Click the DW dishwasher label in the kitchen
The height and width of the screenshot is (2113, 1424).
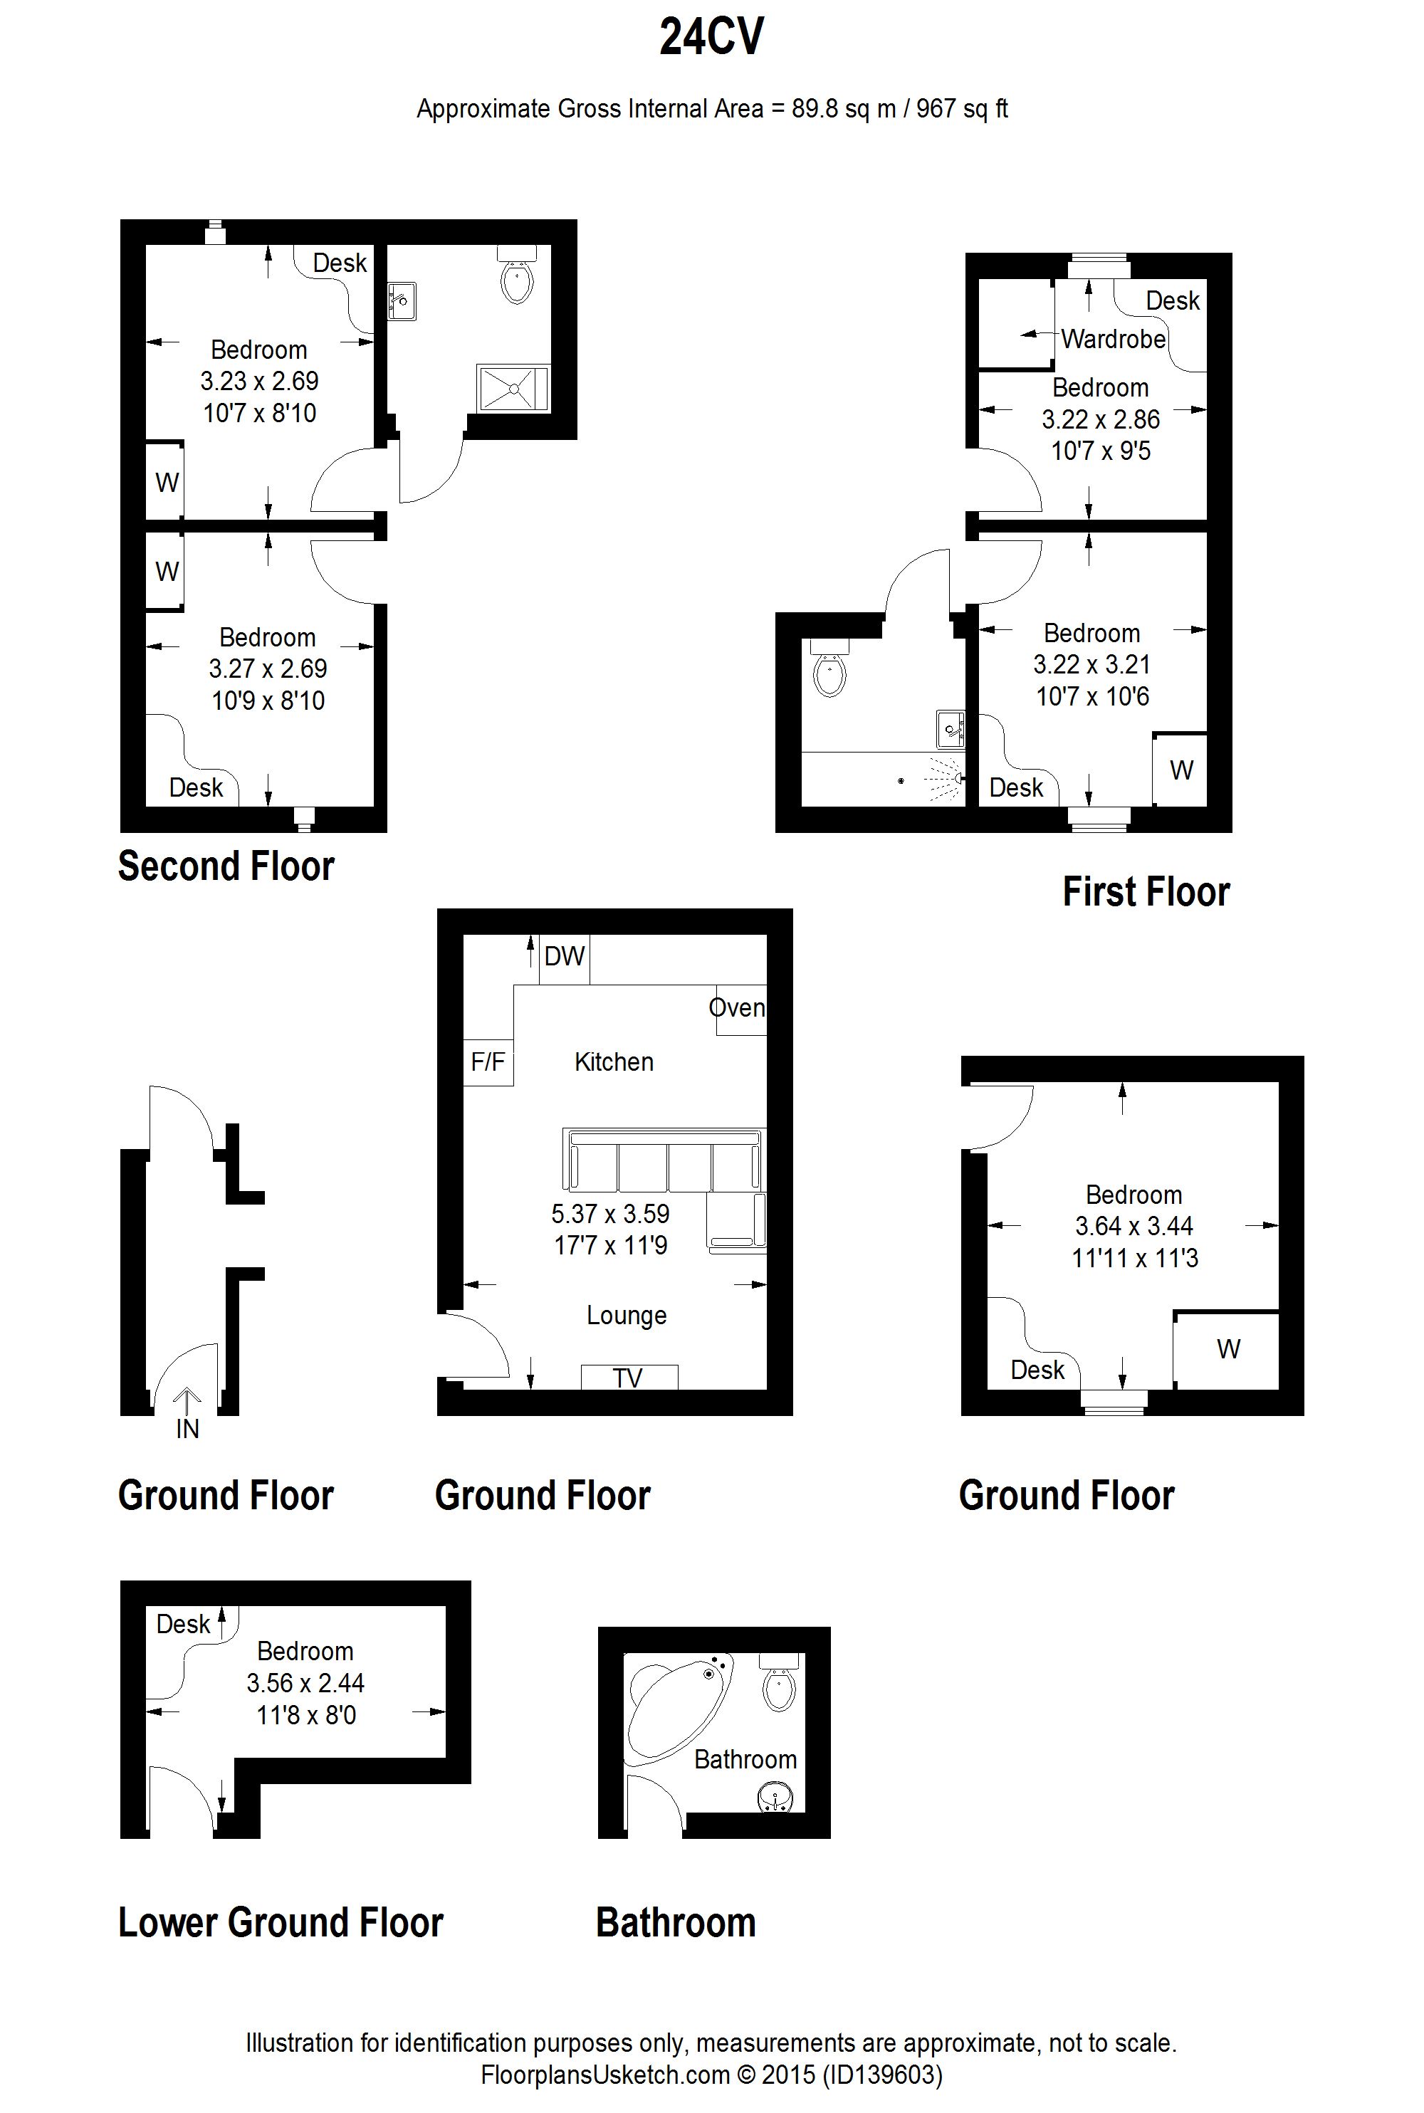[564, 956]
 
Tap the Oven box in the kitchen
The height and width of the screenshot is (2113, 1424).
[741, 1010]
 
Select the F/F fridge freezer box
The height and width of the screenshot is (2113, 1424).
[488, 1062]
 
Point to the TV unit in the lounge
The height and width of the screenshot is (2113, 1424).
[629, 1378]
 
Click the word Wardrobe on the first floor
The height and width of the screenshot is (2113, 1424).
[1114, 339]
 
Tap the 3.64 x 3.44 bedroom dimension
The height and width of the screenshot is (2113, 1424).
[1134, 1226]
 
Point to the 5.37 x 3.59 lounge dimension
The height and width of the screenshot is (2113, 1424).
[610, 1213]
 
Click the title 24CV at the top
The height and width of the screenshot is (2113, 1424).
[712, 37]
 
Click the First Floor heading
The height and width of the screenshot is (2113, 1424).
[1146, 892]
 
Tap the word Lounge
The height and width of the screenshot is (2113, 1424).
[627, 1315]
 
